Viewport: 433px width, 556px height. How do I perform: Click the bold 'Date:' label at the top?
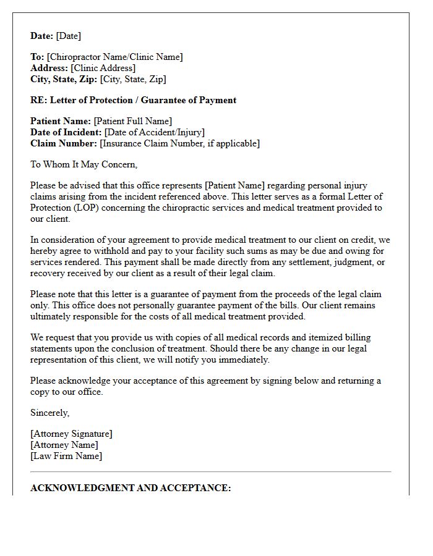pos(42,36)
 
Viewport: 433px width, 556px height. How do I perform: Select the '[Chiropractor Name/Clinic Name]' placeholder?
pos(114,57)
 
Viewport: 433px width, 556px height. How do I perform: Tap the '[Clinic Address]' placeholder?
pos(103,68)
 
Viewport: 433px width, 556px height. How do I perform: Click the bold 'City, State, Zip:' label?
pos(64,79)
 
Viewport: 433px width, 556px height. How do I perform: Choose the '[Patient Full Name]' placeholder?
pos(132,121)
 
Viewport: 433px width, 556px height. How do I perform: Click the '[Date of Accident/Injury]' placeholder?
pos(154,132)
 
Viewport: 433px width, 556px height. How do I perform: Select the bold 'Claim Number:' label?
pos(64,143)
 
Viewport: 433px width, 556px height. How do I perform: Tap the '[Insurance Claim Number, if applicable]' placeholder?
pos(179,143)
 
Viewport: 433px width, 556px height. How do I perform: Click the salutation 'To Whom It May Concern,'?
pos(84,164)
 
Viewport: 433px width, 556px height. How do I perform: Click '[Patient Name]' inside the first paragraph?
pos(234,185)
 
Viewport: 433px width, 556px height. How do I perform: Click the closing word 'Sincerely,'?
pos(50,413)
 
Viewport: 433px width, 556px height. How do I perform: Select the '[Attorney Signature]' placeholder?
pos(71,434)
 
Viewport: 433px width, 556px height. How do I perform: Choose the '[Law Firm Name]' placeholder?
pos(66,456)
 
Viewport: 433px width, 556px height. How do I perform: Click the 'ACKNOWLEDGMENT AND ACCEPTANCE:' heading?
pos(131,488)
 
